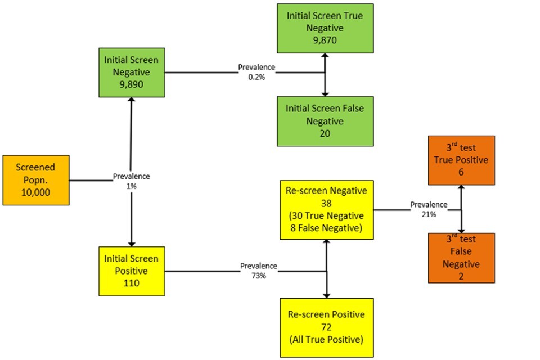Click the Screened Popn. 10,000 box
(35, 180)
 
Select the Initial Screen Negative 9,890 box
(131, 73)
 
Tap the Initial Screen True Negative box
(325, 28)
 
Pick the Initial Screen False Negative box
(325, 120)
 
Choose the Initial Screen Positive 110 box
(131, 271)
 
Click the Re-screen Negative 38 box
(327, 210)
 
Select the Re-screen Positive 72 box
(327, 327)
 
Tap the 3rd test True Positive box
(461, 160)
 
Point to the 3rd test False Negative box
(461, 258)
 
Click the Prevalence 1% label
(131, 181)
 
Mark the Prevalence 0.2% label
(256, 71)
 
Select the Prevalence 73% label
(259, 270)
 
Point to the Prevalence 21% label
(429, 209)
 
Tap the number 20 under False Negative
(325, 133)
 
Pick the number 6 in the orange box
(461, 173)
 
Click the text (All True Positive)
(327, 339)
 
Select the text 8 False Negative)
(327, 228)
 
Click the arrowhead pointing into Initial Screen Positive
(131, 243)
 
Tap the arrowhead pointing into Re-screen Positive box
(327, 295)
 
